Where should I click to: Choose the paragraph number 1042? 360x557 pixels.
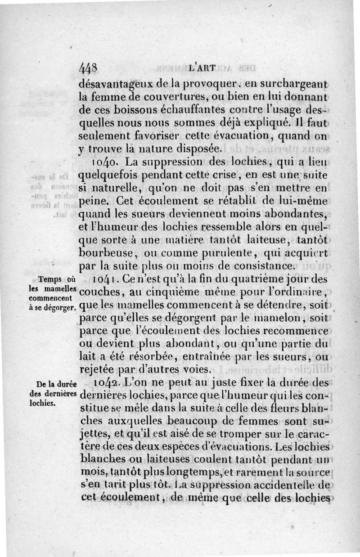[107, 384]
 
